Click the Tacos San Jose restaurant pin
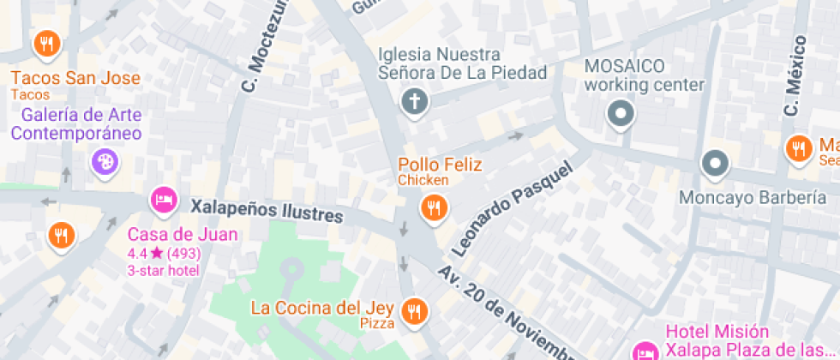pyautogui.click(x=46, y=42)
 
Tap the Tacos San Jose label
pyautogui.click(x=75, y=78)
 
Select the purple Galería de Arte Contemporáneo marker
pyautogui.click(x=105, y=161)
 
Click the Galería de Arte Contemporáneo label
pyautogui.click(x=76, y=124)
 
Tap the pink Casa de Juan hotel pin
pyautogui.click(x=162, y=201)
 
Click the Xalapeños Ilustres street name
pyautogui.click(x=267, y=210)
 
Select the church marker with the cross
pyautogui.click(x=414, y=103)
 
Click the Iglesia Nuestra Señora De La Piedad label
pyautogui.click(x=462, y=63)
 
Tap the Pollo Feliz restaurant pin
pyautogui.click(x=435, y=207)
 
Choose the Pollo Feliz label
pyautogui.click(x=440, y=165)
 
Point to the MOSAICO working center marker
pyautogui.click(x=620, y=113)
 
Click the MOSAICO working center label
pyautogui.click(x=644, y=75)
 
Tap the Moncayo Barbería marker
pyautogui.click(x=714, y=162)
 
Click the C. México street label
pyautogui.click(x=795, y=76)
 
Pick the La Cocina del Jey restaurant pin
pyautogui.click(x=415, y=310)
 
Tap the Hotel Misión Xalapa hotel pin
pyautogui.click(x=645, y=351)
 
